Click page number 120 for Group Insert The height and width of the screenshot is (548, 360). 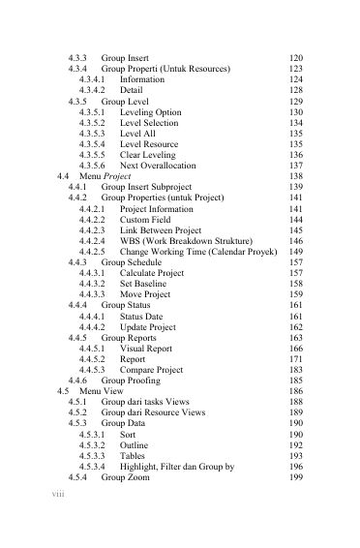(296, 59)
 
